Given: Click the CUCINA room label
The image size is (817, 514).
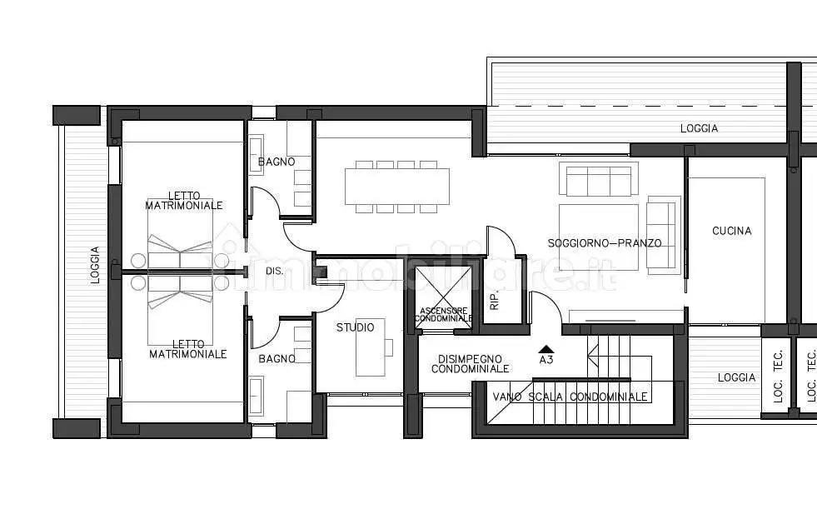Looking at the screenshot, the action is [731, 231].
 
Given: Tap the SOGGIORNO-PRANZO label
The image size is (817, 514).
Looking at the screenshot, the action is [605, 243].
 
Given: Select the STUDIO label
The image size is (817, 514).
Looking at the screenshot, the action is [355, 327].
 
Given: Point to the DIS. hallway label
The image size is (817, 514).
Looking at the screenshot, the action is [275, 271].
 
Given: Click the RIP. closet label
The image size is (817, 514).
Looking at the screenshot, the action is [495, 300].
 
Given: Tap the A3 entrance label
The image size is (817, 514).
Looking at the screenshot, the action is [546, 360].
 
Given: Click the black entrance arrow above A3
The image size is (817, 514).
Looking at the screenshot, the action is [546, 349].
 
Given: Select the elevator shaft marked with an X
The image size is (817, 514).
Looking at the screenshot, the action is [443, 297].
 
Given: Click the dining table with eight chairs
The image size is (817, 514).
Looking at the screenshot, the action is [397, 187].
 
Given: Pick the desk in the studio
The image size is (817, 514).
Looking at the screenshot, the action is [371, 347].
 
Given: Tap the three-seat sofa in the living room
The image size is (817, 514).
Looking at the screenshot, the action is [599, 179].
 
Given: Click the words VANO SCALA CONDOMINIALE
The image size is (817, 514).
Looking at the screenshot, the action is [570, 397].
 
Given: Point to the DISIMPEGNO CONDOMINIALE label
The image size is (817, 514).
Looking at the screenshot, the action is [470, 364].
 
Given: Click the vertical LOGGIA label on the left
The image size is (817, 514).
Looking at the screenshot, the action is [95, 266].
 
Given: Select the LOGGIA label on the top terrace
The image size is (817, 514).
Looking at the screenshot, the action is [699, 128].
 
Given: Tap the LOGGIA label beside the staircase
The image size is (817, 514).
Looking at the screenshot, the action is [736, 377].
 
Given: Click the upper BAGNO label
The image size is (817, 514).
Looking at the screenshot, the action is [276, 162].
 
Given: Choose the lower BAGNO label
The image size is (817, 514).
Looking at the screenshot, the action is [276, 359].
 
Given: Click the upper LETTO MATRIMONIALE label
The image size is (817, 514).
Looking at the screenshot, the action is [184, 201].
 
